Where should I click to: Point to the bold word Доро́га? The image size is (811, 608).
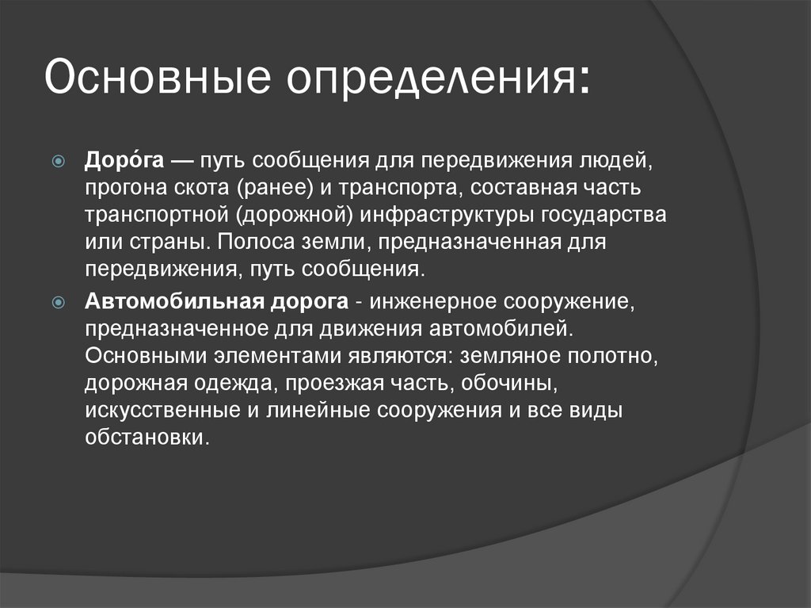[x=124, y=161]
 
